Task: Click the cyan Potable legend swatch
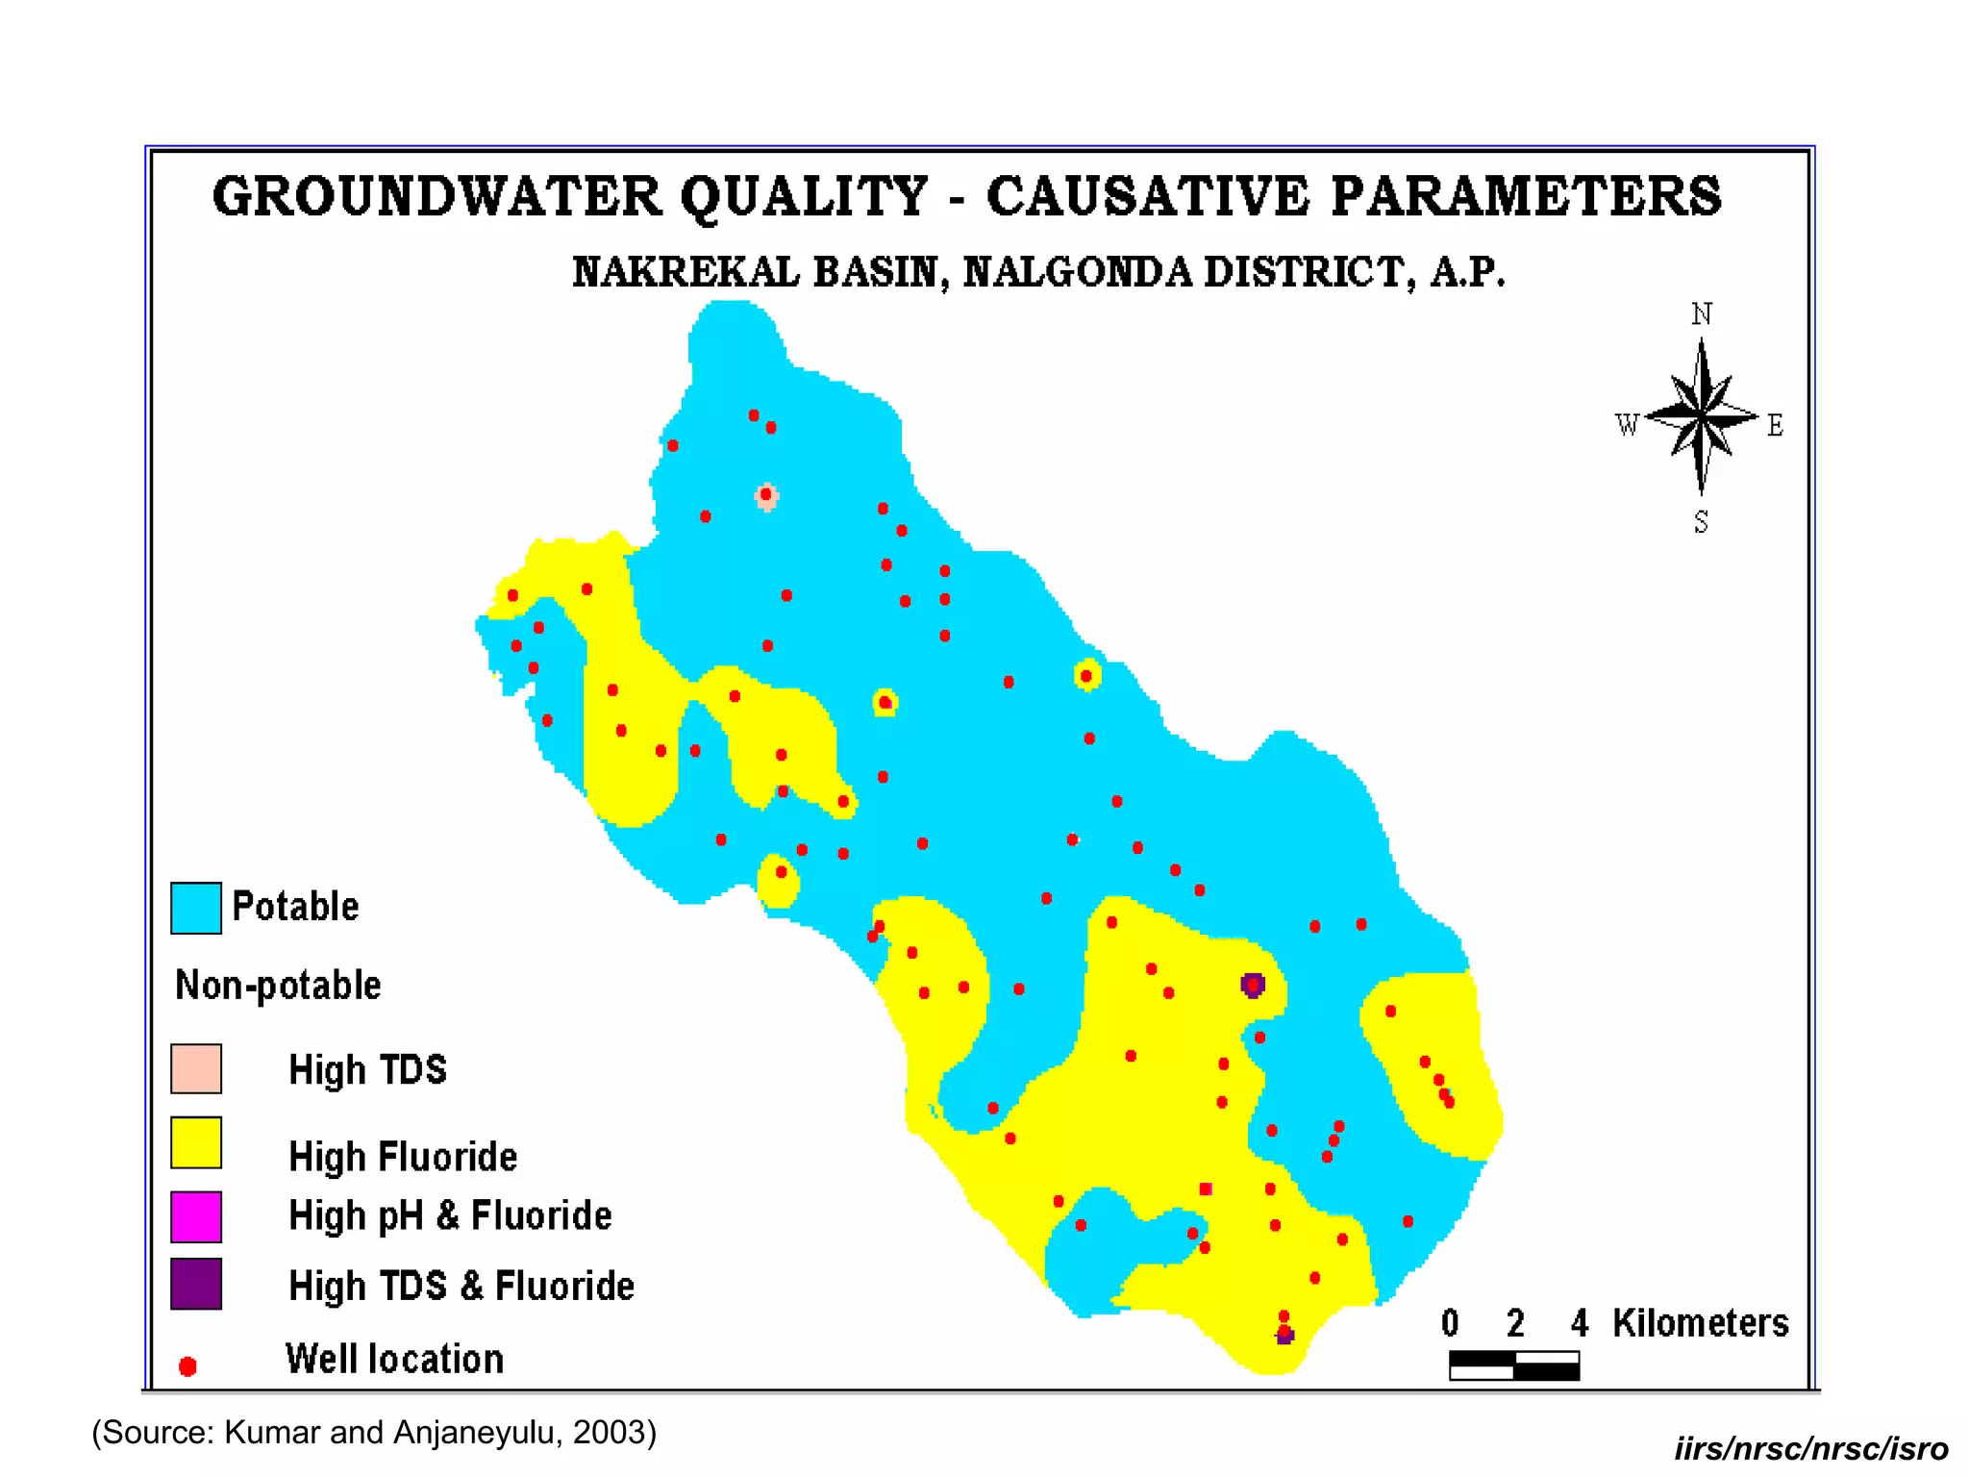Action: [196, 908]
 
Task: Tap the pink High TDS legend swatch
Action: [196, 1068]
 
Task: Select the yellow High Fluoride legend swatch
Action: [196, 1142]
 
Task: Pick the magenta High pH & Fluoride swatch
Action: [196, 1216]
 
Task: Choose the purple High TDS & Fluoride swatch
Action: [196, 1284]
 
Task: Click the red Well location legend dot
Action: [188, 1366]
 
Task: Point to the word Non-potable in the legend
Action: [278, 986]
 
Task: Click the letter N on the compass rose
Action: [1702, 314]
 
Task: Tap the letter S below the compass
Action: [1701, 522]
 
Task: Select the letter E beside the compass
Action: [1775, 425]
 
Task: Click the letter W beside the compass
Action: [1627, 425]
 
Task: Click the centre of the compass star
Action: [1702, 417]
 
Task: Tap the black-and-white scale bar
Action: [1514, 1365]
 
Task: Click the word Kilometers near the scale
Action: [1700, 1323]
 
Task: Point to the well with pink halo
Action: [766, 495]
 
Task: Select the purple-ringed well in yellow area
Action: [1252, 985]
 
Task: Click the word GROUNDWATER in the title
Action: [437, 196]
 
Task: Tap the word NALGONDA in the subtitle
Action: [1077, 272]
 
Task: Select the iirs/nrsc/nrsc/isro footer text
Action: [1810, 1449]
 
